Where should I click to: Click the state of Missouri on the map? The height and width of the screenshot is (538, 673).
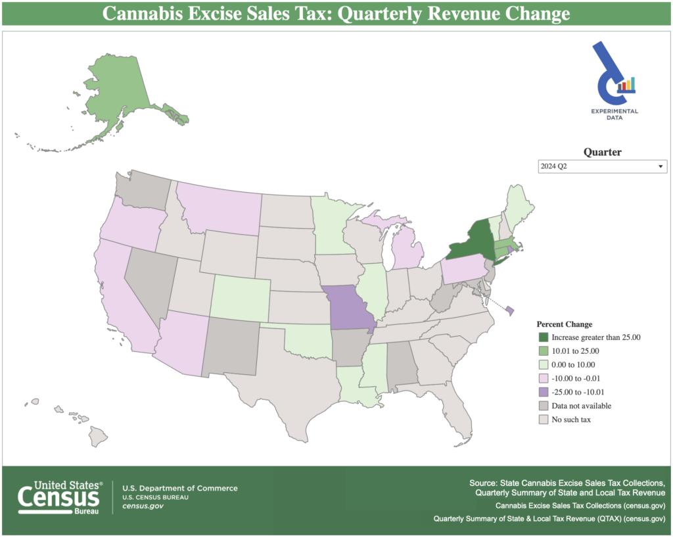pos(351,308)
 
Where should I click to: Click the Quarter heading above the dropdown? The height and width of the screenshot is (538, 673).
pos(603,152)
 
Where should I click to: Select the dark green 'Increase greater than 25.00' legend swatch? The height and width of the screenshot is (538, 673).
pos(543,337)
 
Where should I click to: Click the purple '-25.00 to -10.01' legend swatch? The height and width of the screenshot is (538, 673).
pos(543,392)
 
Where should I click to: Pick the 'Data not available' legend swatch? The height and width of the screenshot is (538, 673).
pos(543,406)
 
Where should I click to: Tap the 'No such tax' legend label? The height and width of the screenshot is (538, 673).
pos(571,420)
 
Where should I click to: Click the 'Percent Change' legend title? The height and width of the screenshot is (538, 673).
pos(565,324)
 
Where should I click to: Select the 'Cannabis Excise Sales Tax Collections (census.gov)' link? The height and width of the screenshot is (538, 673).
pos(581,506)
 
